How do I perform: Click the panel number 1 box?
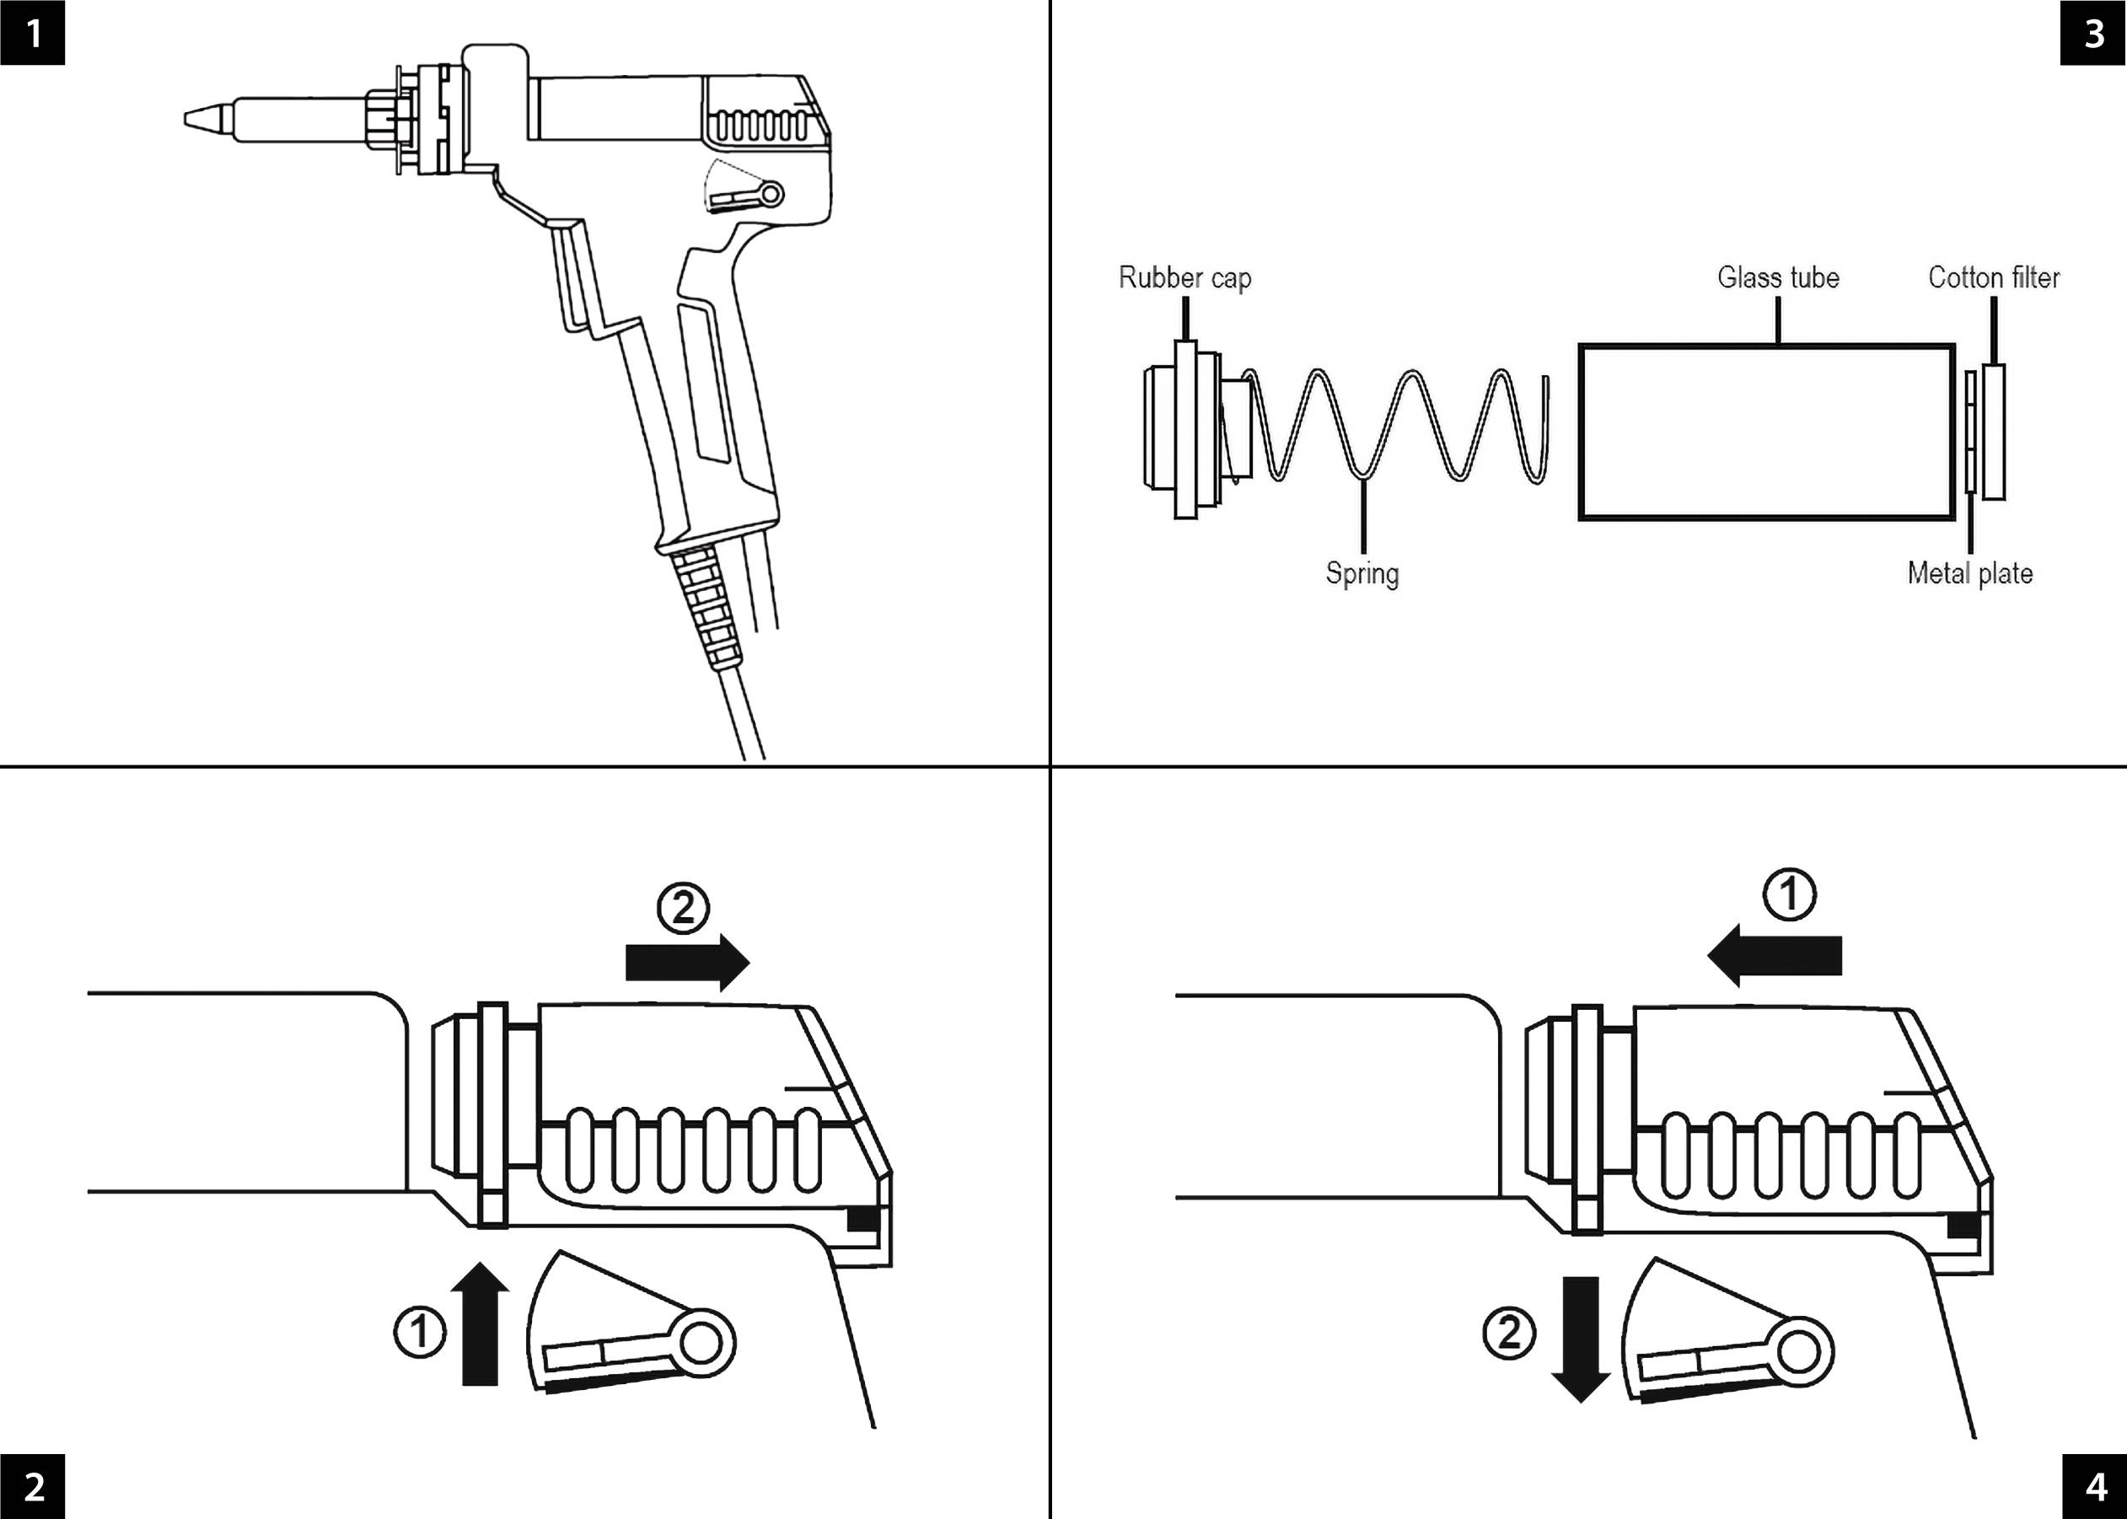[x=32, y=33]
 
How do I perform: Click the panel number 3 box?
[x=2093, y=33]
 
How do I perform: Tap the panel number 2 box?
[x=32, y=1486]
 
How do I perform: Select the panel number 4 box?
[x=2093, y=1486]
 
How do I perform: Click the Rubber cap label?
[x=1184, y=278]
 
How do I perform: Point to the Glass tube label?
[x=1777, y=278]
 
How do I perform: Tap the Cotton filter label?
[x=1993, y=278]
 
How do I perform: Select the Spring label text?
[x=1362, y=573]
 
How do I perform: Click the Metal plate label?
[x=1970, y=573]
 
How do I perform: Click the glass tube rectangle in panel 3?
[x=1766, y=432]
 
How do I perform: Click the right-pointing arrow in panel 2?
[x=686, y=962]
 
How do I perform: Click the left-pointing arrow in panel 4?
[x=1775, y=956]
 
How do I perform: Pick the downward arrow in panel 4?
[x=1580, y=1339]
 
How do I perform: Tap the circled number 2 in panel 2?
[x=683, y=907]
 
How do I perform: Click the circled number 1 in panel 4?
[x=1789, y=894]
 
